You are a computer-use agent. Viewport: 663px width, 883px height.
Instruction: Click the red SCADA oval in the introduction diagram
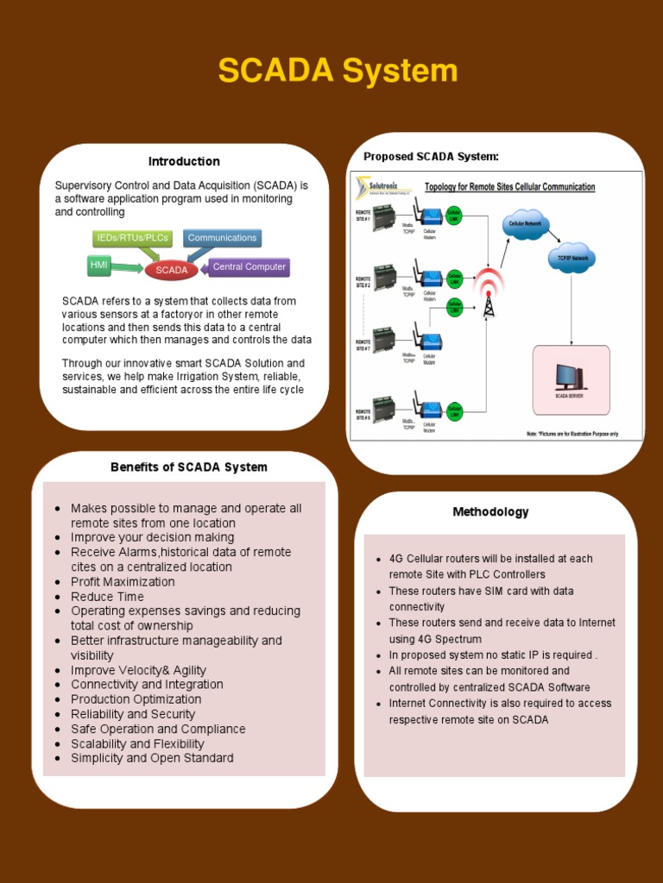point(172,270)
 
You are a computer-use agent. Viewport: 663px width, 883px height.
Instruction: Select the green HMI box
point(99,266)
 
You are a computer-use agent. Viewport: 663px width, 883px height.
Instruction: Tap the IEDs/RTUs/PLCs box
point(132,237)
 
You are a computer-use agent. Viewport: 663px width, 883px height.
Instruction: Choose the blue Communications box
point(222,237)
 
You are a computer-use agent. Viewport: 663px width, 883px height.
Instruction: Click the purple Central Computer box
point(249,266)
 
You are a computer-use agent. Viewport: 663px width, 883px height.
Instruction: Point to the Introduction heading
point(184,161)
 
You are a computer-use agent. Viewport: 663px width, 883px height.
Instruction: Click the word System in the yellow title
point(399,71)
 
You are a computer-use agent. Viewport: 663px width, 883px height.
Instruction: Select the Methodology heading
point(490,511)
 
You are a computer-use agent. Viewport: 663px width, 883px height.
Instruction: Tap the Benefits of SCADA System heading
point(189,467)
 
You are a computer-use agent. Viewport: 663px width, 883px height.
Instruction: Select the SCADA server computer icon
point(569,377)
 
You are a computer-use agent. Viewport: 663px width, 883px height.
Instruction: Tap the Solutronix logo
point(379,187)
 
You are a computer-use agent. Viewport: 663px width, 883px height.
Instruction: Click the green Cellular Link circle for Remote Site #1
point(454,214)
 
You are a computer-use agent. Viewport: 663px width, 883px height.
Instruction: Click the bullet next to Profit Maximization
point(57,582)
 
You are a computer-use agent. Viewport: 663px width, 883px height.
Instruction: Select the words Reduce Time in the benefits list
point(107,597)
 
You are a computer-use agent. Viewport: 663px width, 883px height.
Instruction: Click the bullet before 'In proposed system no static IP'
point(378,655)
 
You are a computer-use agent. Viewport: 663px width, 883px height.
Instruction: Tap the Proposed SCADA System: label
point(431,156)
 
